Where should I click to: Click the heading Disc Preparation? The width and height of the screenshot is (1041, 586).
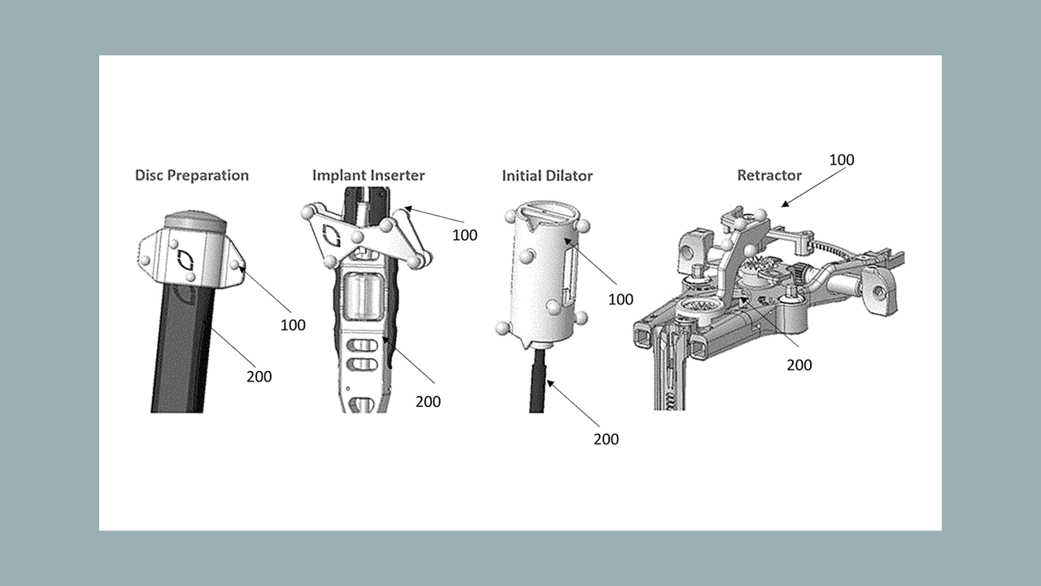click(192, 175)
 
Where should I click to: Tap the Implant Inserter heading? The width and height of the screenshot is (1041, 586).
click(368, 175)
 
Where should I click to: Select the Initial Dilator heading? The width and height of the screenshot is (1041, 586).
click(547, 176)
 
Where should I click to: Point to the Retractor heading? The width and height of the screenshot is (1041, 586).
click(769, 175)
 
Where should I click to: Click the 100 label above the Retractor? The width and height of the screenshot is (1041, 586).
click(842, 160)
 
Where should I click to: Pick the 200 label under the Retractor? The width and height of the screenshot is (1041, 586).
click(799, 365)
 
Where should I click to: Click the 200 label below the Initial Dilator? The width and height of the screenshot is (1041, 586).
click(606, 439)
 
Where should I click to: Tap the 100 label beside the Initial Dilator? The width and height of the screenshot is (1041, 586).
click(621, 300)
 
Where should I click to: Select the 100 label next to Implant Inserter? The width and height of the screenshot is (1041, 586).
click(464, 235)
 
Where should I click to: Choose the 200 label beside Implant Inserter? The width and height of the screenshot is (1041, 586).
click(428, 402)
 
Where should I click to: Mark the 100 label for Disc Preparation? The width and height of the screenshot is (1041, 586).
click(293, 325)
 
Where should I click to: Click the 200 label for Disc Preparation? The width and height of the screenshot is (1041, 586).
click(259, 377)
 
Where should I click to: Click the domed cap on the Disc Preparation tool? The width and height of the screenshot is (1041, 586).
click(196, 221)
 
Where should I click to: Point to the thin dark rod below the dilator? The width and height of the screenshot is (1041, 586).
click(538, 382)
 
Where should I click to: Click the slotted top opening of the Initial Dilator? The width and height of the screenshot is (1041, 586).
click(549, 212)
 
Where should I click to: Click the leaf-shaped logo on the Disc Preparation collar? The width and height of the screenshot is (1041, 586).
click(186, 260)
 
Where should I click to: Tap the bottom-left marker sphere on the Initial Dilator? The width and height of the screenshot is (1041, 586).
click(502, 328)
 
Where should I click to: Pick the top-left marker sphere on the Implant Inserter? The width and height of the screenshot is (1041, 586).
click(307, 213)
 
